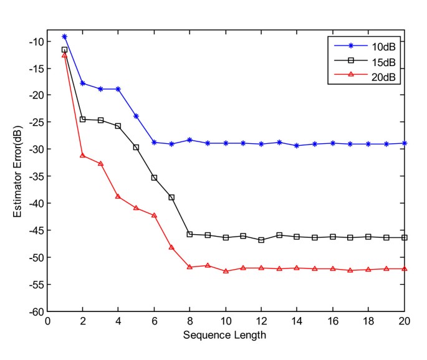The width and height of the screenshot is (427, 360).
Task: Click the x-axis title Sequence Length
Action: [x=226, y=335]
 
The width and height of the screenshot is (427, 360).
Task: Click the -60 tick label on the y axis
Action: [x=36, y=311]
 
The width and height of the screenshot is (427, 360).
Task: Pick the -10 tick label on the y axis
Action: [x=36, y=41]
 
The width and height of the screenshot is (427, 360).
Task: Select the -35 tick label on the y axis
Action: [x=36, y=176]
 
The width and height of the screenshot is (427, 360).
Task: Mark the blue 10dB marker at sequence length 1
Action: [x=64, y=37]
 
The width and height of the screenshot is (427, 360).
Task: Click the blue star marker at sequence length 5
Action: [x=136, y=116]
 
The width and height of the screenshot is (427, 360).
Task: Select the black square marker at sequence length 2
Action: [x=82, y=119]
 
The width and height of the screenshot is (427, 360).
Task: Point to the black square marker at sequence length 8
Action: [x=190, y=234]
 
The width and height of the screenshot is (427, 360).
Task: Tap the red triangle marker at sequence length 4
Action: [x=118, y=196]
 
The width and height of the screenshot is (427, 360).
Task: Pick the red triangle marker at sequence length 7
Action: [x=171, y=247]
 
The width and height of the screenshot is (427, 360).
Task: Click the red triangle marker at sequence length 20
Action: [x=405, y=268]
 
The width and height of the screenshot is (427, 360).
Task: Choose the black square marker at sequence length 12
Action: [x=261, y=240]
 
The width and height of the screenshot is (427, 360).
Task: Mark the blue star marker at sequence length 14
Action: [x=297, y=146]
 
